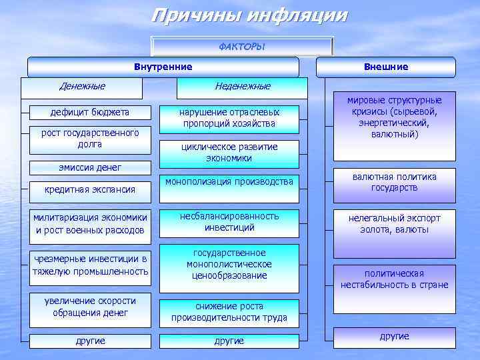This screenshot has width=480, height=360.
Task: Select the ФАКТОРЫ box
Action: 242,46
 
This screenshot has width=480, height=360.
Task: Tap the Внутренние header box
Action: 163,67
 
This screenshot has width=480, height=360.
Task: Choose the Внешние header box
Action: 386,67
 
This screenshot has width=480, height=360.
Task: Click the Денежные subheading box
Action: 82,88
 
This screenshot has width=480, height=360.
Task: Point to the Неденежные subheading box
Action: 242,88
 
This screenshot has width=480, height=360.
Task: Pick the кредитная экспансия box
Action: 90,190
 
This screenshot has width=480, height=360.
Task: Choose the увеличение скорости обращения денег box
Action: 90,307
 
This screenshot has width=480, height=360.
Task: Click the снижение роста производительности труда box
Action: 229,312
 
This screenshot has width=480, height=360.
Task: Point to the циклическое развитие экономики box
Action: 229,153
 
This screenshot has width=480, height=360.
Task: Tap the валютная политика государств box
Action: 394,184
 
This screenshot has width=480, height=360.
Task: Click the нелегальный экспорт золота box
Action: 394,224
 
